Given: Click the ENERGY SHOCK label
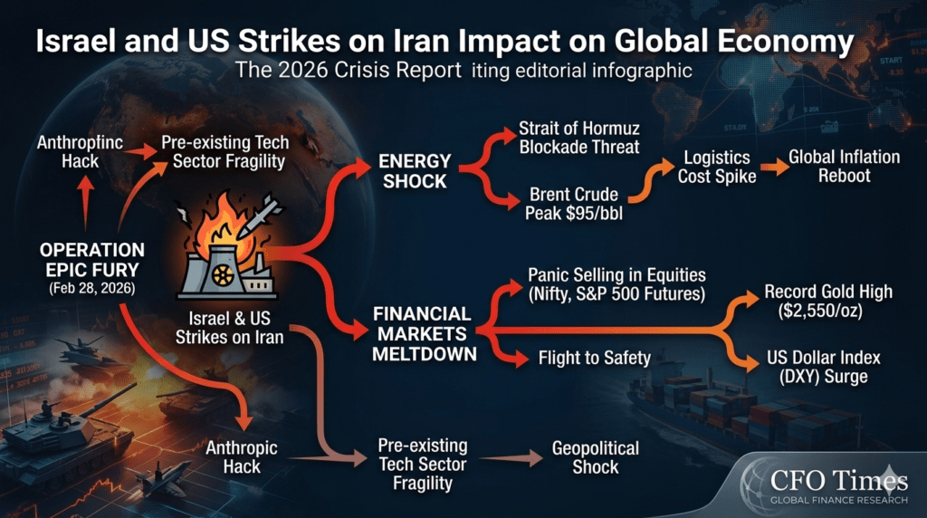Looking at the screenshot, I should (414, 170).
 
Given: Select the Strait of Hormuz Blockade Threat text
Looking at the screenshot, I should (579, 137).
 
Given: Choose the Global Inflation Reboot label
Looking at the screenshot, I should (844, 167).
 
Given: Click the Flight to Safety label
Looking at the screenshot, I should (594, 359).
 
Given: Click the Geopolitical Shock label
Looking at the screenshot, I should (596, 457).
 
